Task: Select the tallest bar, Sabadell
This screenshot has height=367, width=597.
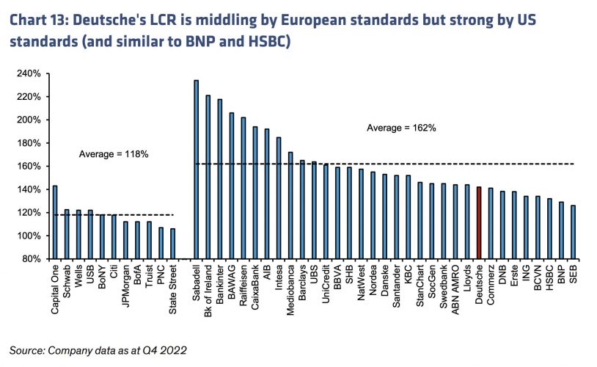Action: coord(196,170)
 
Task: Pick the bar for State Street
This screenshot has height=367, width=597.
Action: coord(173,243)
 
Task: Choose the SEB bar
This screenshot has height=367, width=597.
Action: coord(573,232)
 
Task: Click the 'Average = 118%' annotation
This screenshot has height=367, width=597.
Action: coord(114,154)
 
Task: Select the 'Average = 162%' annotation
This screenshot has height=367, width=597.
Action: coord(401,128)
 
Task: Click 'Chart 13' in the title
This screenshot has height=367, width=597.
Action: coord(39,18)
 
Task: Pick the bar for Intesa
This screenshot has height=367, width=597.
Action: coord(279,198)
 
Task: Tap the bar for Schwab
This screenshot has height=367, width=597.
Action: coord(67,234)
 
